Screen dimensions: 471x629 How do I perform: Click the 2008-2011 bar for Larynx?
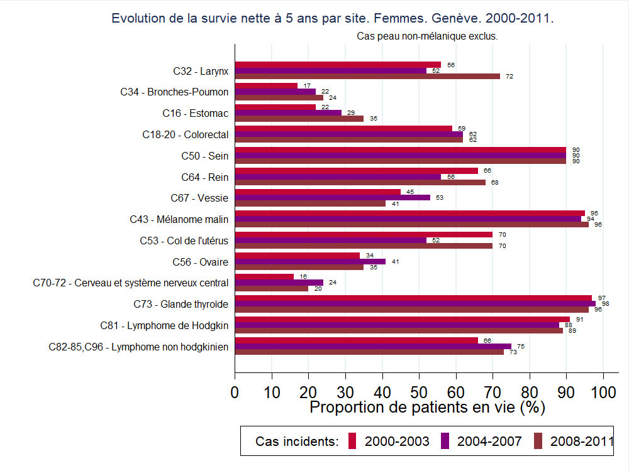pos(367,76)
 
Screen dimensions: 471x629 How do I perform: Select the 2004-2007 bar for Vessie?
pos(332,197)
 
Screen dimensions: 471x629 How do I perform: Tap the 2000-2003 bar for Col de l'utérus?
pos(364,234)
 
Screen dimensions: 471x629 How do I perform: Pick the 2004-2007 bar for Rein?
pos(338,176)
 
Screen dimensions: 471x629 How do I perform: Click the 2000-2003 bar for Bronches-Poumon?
pos(266,86)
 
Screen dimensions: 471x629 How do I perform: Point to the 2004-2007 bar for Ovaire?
pos(310,261)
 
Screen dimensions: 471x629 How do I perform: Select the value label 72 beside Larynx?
pos(509,76)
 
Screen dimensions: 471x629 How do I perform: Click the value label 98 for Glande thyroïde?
pos(606,303)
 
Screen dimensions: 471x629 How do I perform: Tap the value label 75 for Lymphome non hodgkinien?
pos(520,346)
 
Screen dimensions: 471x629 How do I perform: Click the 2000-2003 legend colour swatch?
pos(352,441)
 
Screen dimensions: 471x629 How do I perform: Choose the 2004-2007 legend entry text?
pos(489,441)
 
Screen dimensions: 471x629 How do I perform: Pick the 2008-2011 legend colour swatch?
pos(538,441)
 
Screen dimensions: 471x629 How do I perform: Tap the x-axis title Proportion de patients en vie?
pos(427,407)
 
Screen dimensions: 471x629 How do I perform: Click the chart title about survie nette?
pos(333,18)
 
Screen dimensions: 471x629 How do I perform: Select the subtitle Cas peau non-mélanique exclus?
pos(427,36)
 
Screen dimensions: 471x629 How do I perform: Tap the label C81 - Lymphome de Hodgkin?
pos(164,325)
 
